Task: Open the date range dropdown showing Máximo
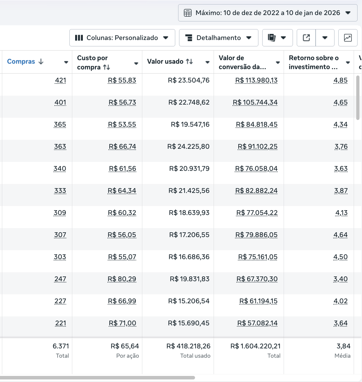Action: [267, 13]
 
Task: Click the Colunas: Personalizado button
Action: [122, 38]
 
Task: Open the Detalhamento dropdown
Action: [218, 38]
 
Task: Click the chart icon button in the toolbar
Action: [348, 38]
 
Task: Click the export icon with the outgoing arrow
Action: [306, 38]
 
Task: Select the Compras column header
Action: [21, 61]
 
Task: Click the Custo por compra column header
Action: [92, 62]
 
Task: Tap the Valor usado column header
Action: [165, 61]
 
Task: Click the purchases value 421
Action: [60, 80]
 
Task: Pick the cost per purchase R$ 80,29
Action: [122, 279]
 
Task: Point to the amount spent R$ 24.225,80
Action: [188, 147]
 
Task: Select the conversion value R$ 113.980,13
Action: [256, 80]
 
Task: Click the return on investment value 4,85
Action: [341, 80]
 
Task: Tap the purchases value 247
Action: [60, 279]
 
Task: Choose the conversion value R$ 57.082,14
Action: [257, 323]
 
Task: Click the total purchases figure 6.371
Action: [61, 346]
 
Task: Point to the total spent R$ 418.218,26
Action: [188, 346]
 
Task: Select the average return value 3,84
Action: [343, 346]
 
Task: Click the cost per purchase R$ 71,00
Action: [122, 323]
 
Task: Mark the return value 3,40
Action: [341, 279]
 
